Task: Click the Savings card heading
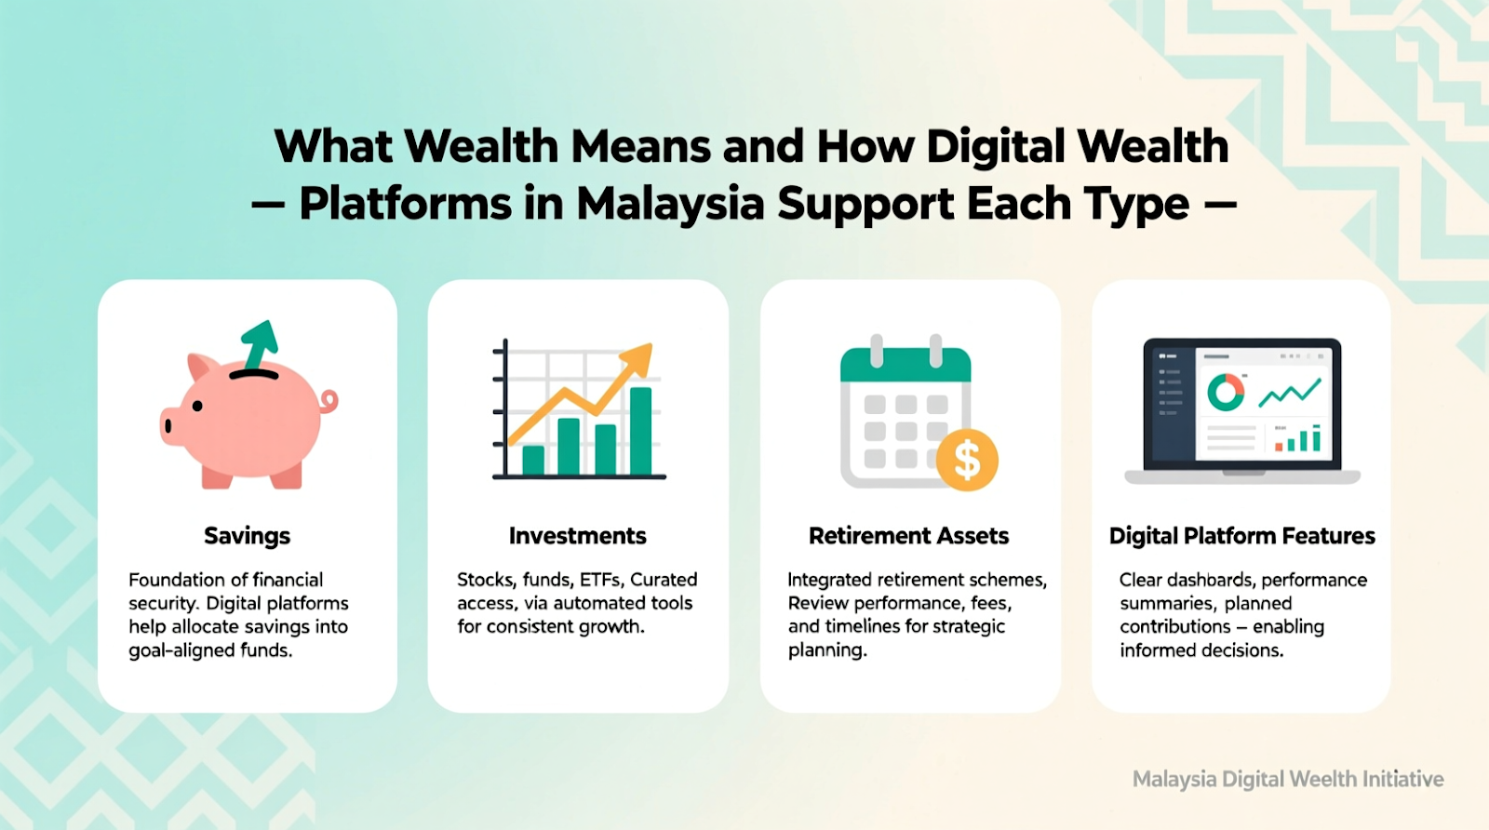click(x=247, y=536)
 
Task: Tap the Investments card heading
click(x=578, y=536)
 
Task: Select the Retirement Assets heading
click(x=908, y=536)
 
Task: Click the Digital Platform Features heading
click(x=1241, y=536)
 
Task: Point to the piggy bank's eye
click(x=197, y=406)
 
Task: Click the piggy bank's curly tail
click(x=329, y=401)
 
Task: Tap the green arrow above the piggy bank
click(x=260, y=344)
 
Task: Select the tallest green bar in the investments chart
click(x=641, y=431)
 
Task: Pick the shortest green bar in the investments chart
click(x=533, y=460)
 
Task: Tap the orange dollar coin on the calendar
click(x=967, y=460)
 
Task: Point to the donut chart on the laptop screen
click(x=1226, y=392)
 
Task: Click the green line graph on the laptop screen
click(x=1290, y=393)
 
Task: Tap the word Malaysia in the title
click(x=671, y=204)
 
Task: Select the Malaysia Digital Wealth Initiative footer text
click(x=1288, y=779)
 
